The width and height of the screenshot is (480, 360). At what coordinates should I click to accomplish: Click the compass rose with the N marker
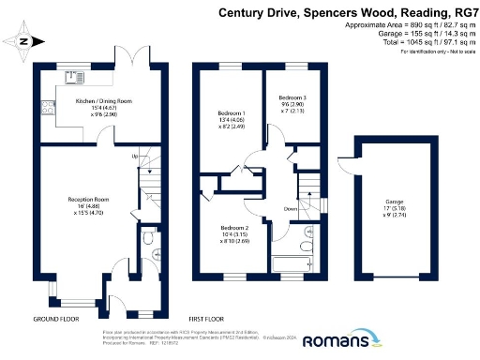point(25,40)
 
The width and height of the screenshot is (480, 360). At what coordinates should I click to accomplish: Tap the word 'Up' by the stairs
point(135,155)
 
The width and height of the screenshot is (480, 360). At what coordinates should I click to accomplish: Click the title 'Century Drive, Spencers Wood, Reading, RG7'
point(347,12)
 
